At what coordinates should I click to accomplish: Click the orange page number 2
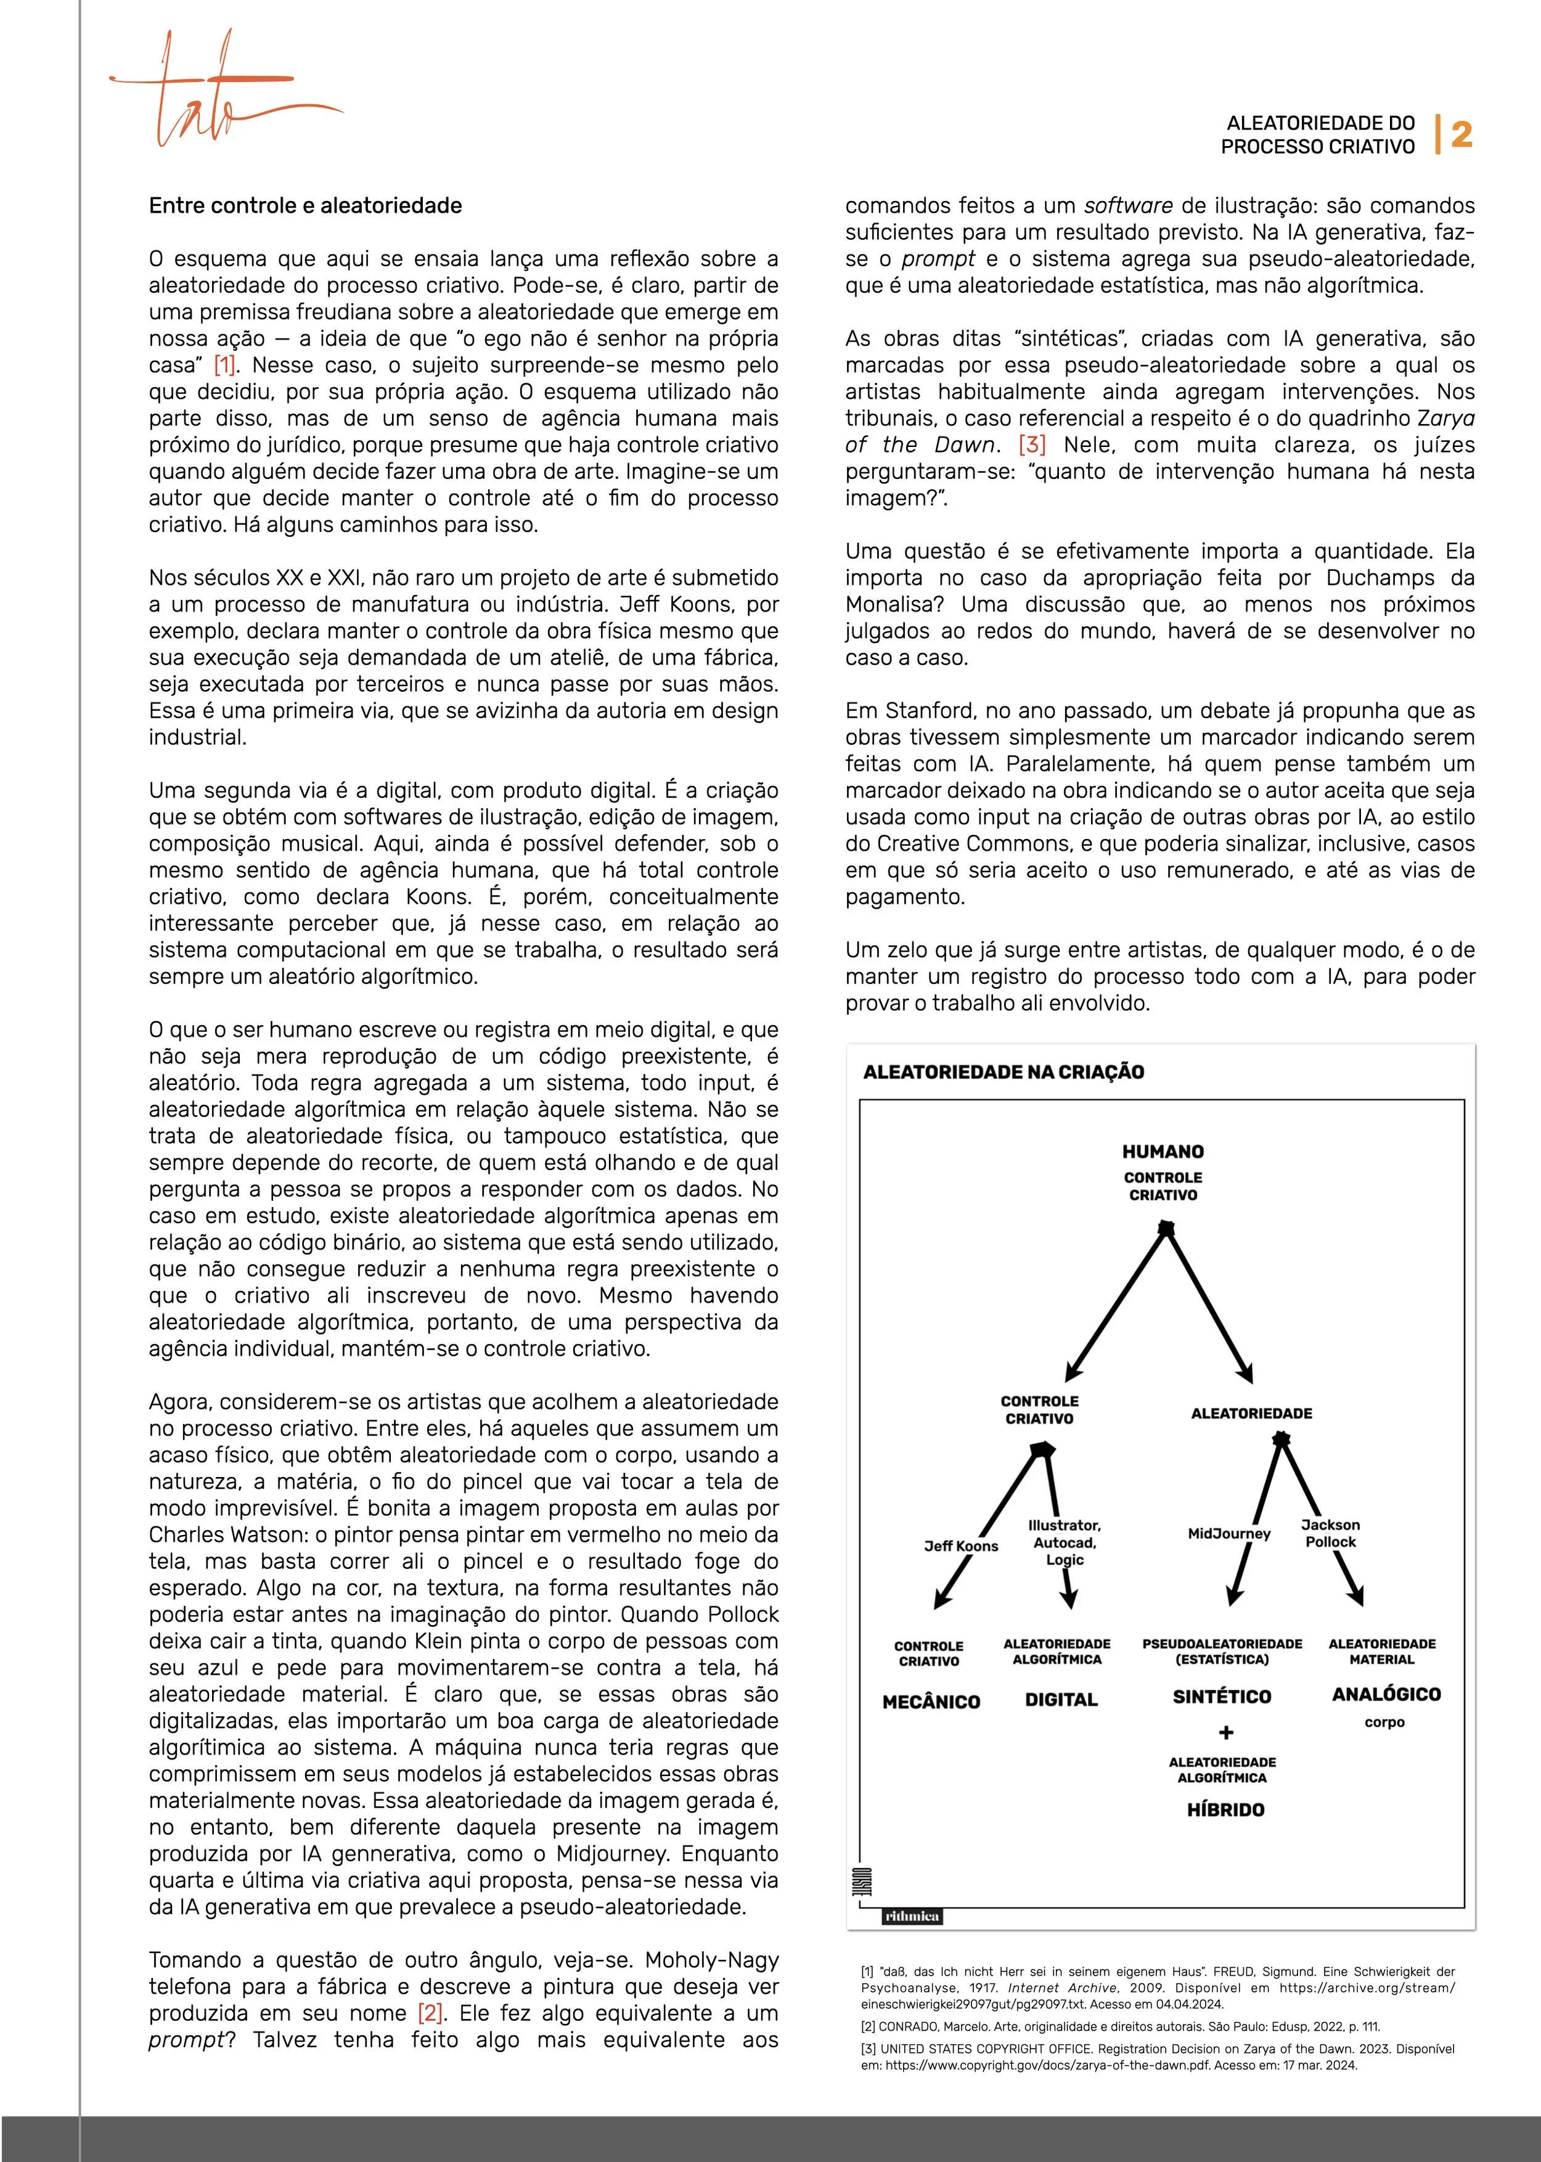coord(1461,135)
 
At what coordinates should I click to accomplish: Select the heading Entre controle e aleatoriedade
coord(305,206)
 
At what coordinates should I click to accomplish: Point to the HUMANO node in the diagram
coord(1163,1151)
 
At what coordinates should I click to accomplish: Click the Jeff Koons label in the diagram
coord(960,1546)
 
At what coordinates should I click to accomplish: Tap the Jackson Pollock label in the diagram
coord(1330,1533)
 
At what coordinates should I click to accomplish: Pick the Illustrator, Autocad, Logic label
coord(1065,1542)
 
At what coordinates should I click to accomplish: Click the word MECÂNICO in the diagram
coord(931,1701)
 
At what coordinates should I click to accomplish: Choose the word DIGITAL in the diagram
coord(1061,1700)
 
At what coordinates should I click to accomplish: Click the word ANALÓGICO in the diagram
coord(1386,1694)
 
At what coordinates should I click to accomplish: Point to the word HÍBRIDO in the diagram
coord(1225,1810)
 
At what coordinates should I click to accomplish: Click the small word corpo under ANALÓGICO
coord(1384,1722)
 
